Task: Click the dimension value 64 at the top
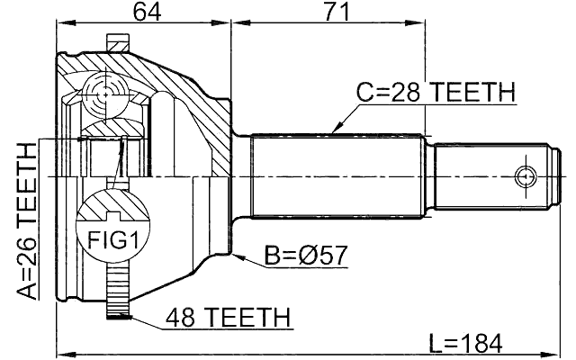click(144, 13)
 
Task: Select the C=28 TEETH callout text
click(435, 92)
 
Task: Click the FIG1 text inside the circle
click(106, 239)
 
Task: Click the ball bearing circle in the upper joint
click(106, 93)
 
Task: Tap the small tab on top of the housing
click(118, 43)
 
